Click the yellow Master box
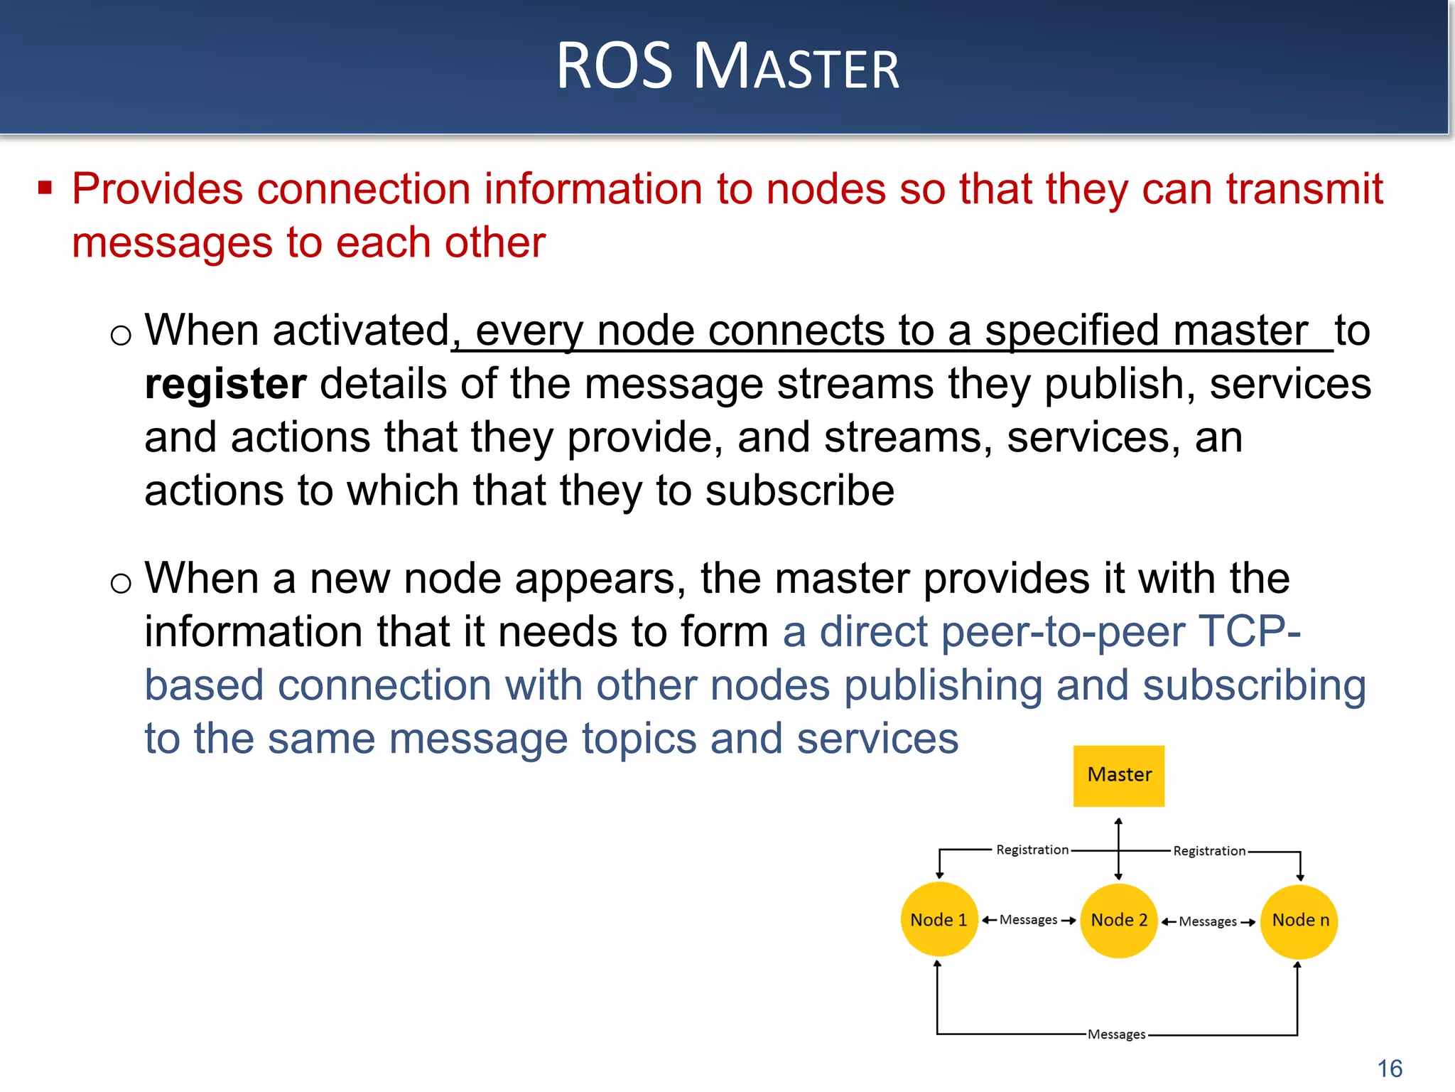tap(1118, 775)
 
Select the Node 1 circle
tap(939, 920)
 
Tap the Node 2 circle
tap(1119, 920)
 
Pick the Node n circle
tap(1299, 921)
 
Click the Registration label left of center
tap(1032, 850)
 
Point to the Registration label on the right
tap(1208, 851)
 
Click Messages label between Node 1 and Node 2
tap(1028, 920)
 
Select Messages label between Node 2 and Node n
tap(1208, 921)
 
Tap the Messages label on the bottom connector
tap(1116, 1034)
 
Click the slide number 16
tap(1390, 1068)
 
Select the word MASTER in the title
tap(796, 68)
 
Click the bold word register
tap(225, 385)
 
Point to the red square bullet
tap(45, 188)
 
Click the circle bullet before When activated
tap(121, 335)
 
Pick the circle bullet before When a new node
tap(121, 583)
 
